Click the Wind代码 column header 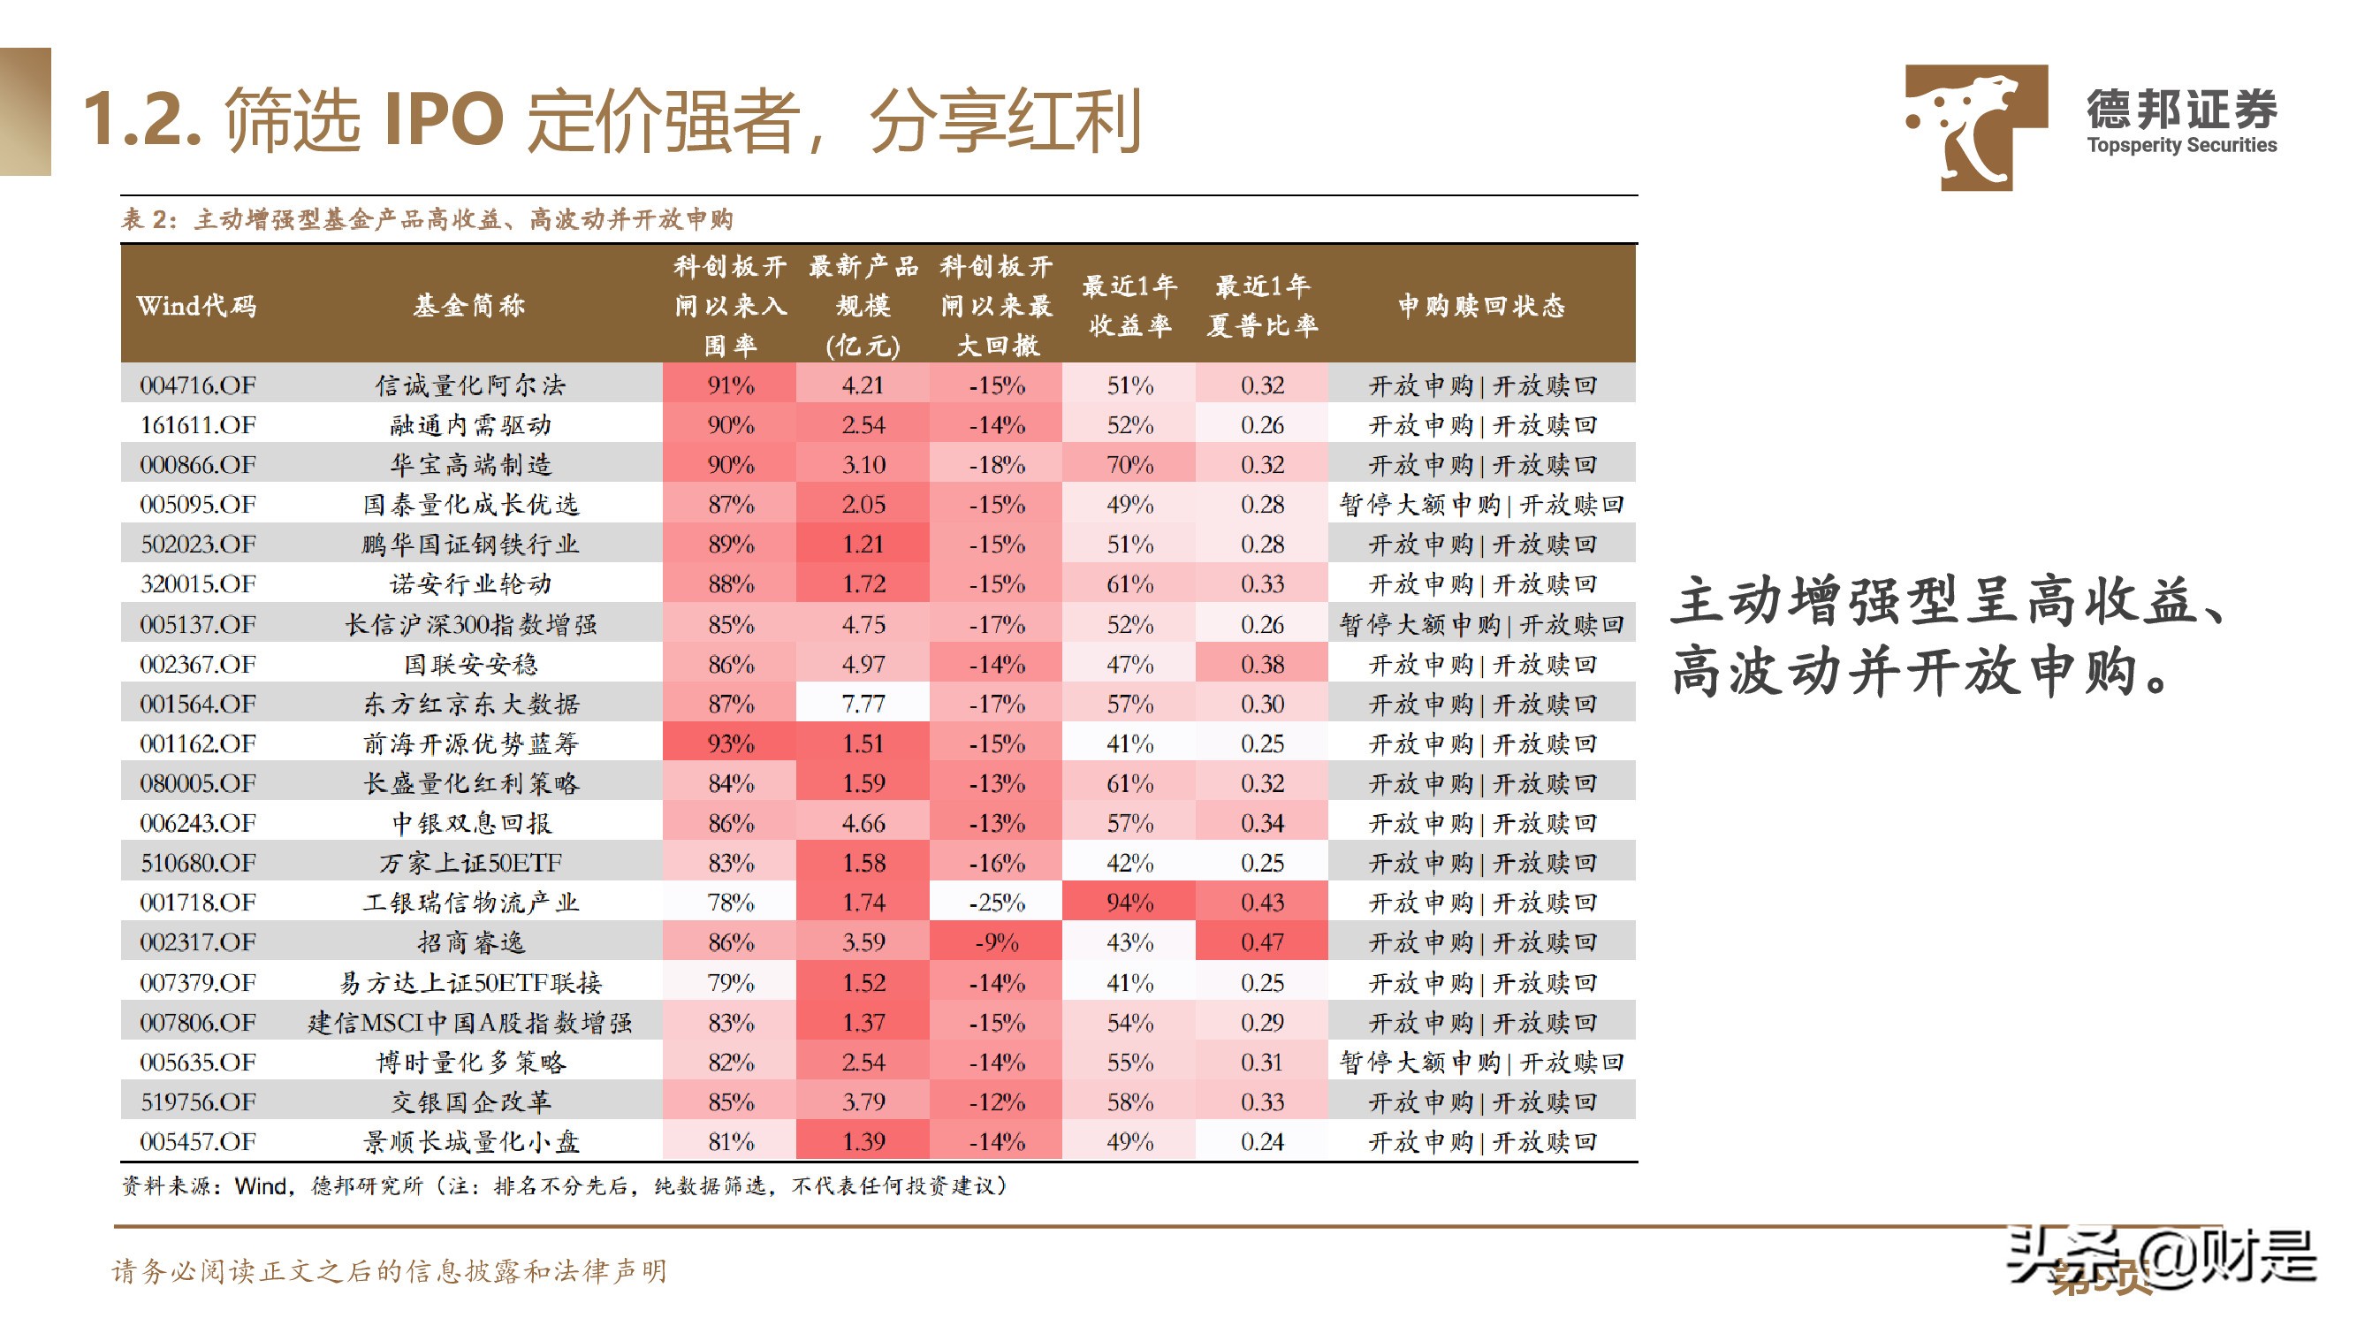pyautogui.click(x=197, y=305)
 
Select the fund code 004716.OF pyautogui.click(x=198, y=385)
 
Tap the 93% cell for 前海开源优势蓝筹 pyautogui.click(x=730, y=743)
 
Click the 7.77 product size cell pyautogui.click(x=863, y=704)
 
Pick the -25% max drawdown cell pyautogui.click(x=996, y=903)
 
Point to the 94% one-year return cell pyautogui.click(x=1129, y=903)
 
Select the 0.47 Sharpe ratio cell pyautogui.click(x=1262, y=941)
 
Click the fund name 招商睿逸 pyautogui.click(x=471, y=941)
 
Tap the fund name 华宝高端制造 pyautogui.click(x=471, y=465)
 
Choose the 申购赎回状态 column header pyautogui.click(x=1481, y=305)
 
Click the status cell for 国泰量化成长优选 pyautogui.click(x=1481, y=504)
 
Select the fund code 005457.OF pyautogui.click(x=198, y=1141)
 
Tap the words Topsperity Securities pyautogui.click(x=2181, y=145)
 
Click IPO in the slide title pyautogui.click(x=443, y=119)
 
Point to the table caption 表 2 pyautogui.click(x=147, y=219)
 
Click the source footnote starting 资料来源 pyautogui.click(x=563, y=1186)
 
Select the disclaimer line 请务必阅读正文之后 pyautogui.click(x=389, y=1270)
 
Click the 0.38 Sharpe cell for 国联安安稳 pyautogui.click(x=1262, y=664)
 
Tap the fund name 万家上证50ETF pyautogui.click(x=471, y=862)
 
